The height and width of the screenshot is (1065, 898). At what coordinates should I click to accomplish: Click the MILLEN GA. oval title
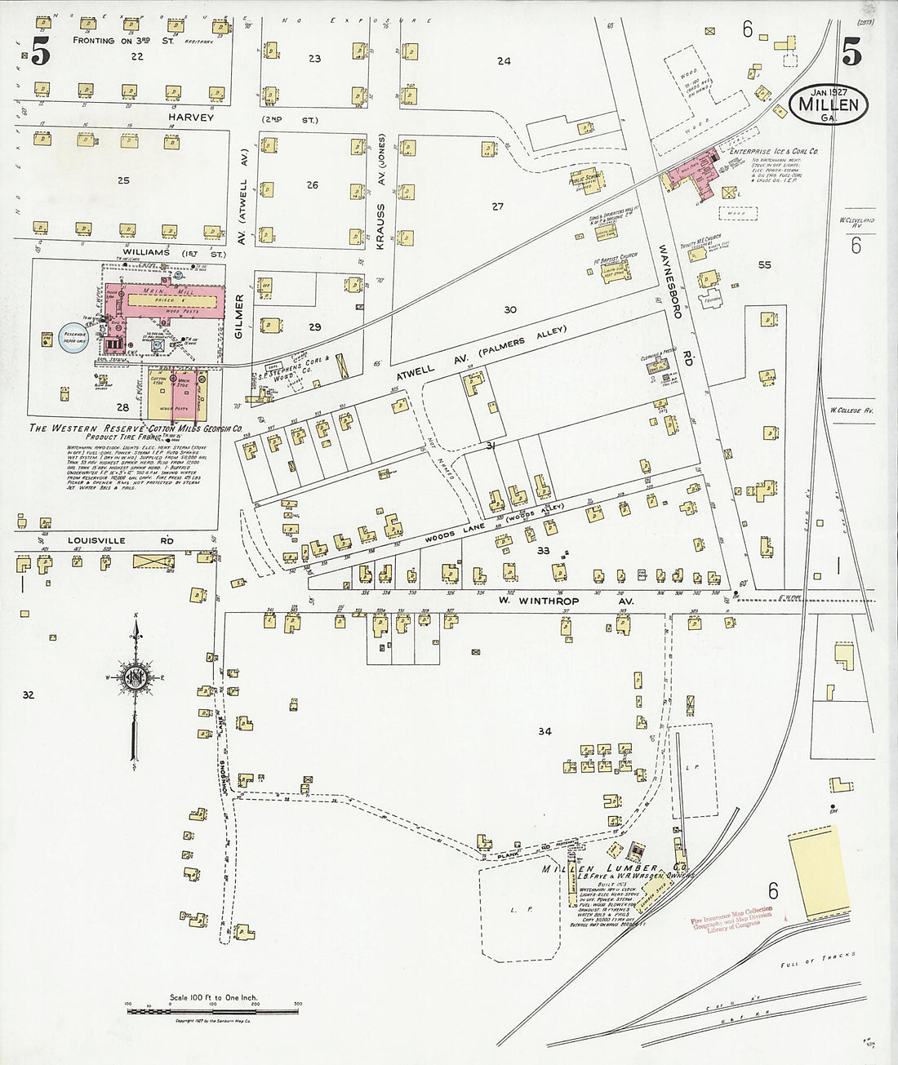click(x=829, y=105)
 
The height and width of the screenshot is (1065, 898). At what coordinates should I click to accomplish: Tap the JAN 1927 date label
click(x=829, y=91)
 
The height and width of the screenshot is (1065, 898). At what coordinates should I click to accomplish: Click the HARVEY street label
click(x=191, y=118)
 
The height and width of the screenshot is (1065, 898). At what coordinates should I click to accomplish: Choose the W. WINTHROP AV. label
click(x=562, y=602)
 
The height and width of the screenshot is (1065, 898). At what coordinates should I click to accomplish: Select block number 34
click(x=545, y=731)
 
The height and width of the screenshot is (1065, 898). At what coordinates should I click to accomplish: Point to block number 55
click(x=764, y=264)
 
